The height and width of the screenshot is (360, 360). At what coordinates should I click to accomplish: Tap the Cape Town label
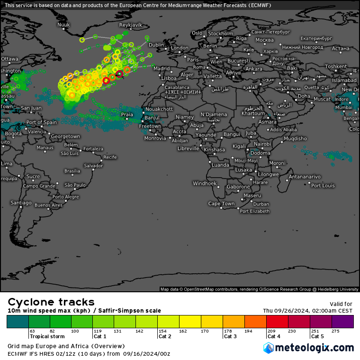[221, 204]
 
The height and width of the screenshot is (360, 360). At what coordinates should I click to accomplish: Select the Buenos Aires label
[48, 205]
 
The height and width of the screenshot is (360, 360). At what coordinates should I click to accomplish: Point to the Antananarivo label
[305, 177]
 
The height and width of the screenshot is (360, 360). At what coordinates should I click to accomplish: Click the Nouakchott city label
[159, 109]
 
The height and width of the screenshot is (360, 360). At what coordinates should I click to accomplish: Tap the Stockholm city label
[220, 34]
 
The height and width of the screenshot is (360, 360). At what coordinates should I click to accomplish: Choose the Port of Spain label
[42, 122]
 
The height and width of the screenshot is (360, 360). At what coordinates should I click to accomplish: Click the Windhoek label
[205, 183]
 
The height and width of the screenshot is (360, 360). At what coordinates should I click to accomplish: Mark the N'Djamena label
[214, 115]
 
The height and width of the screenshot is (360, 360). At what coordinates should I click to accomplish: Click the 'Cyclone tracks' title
[51, 302]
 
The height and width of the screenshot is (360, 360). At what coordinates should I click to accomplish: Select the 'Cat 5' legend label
[317, 336]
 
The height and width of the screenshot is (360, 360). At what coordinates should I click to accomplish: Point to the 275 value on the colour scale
[335, 331]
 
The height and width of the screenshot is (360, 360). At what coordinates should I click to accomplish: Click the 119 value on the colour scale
[98, 331]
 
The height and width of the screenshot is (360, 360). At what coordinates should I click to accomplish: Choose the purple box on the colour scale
[342, 322]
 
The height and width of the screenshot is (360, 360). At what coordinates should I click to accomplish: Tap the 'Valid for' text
[341, 304]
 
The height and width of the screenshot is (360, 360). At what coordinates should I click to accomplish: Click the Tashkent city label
[336, 66]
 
